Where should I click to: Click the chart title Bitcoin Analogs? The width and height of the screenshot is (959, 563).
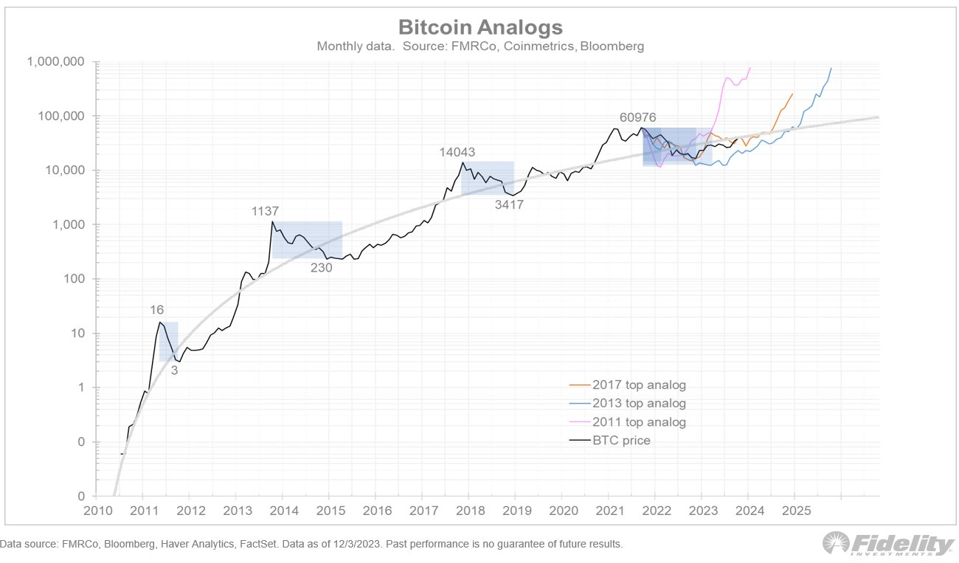480,27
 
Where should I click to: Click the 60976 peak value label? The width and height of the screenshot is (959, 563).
638,117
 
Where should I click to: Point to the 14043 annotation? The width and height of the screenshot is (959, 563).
457,152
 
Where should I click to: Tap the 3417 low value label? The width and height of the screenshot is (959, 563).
509,205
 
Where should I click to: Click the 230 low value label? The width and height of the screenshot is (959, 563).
321,268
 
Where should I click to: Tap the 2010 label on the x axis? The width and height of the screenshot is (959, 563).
95,510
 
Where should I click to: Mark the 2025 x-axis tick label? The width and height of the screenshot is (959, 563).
793,510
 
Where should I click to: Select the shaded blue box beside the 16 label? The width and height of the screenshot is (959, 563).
169,342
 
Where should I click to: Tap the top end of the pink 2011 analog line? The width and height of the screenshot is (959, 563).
749,68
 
